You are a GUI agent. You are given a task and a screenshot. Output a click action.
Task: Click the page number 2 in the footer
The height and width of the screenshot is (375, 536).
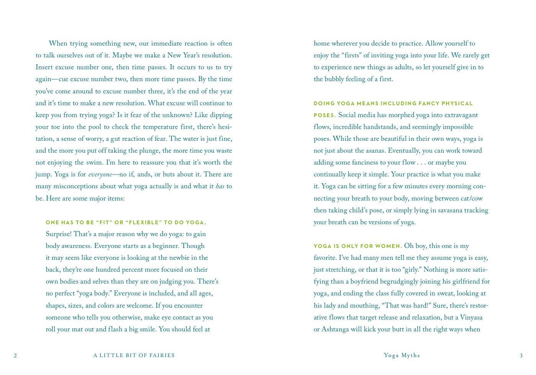(15, 356)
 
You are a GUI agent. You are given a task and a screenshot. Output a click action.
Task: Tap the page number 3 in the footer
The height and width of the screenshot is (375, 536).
(521, 356)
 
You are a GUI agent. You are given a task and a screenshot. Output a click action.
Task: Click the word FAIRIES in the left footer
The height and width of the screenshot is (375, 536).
(161, 355)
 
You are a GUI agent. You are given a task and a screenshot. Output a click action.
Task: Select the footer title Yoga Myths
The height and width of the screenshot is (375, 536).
(402, 355)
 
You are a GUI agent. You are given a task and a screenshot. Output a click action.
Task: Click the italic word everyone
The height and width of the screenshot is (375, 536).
(100, 175)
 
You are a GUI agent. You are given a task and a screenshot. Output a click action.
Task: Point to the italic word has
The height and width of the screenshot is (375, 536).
(220, 187)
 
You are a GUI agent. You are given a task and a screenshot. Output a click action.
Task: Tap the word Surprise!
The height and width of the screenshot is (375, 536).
(59, 234)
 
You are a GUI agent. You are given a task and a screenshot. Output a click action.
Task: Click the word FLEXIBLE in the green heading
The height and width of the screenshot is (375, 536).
(143, 222)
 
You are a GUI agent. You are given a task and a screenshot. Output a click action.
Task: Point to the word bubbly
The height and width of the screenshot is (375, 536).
(334, 79)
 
